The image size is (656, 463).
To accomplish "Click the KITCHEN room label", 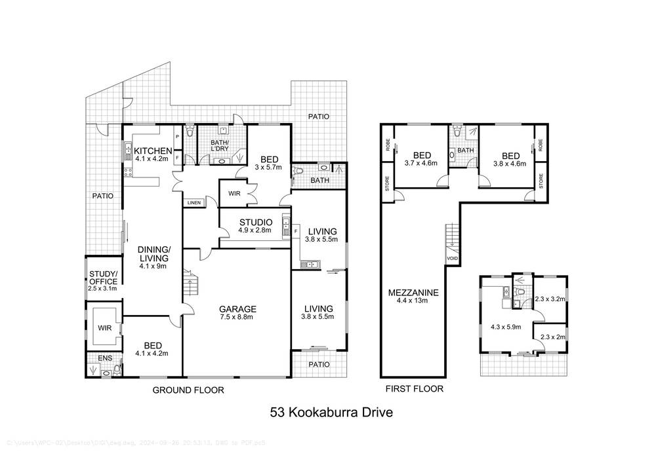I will point(153,151).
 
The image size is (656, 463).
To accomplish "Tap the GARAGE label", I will point(237,309).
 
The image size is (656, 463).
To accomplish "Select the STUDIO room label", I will point(256,222).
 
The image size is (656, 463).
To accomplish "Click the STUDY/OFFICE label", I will point(103,277).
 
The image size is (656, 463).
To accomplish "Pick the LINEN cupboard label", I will point(194,202).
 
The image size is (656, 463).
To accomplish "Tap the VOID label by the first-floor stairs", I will point(452,258).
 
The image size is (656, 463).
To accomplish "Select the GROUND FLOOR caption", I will point(188,390).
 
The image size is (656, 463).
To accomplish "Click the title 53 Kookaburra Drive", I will point(331,413).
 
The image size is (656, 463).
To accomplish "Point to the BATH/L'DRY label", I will point(219,146).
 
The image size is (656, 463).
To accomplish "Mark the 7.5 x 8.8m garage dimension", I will point(237,317).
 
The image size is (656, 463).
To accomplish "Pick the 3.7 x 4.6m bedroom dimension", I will point(420,164).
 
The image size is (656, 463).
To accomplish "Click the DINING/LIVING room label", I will point(154,253).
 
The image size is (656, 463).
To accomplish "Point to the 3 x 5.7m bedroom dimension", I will point(269,167).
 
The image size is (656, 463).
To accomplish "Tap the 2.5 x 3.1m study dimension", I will point(103,288).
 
